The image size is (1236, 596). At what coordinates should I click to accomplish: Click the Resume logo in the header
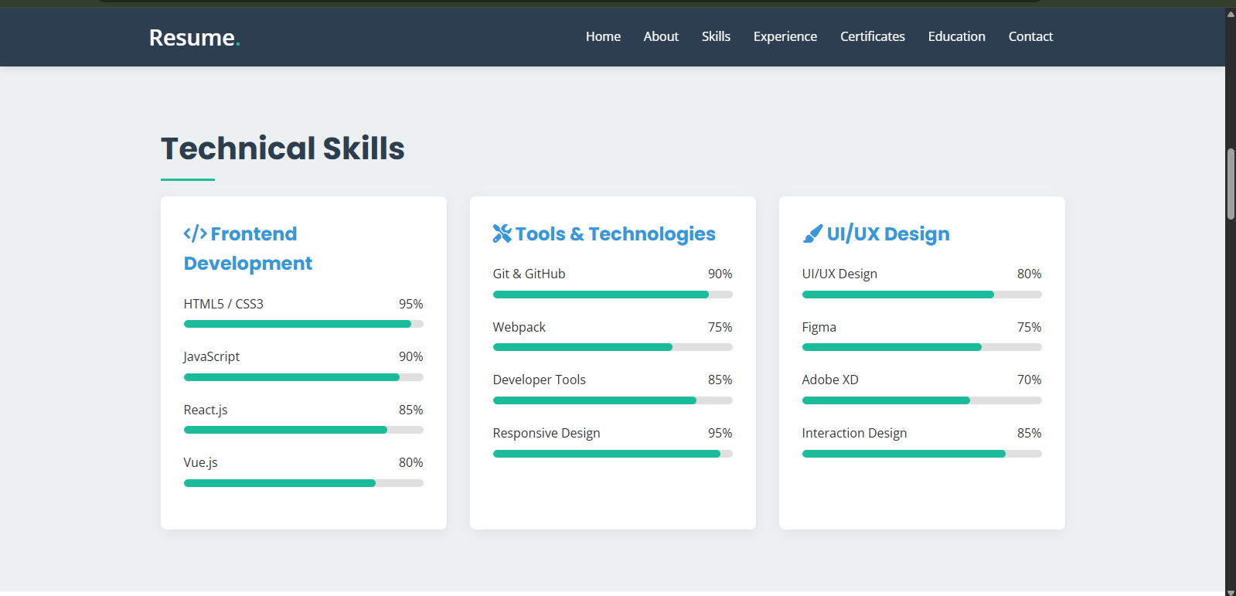pyautogui.click(x=194, y=37)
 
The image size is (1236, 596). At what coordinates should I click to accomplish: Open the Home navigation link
pyautogui.click(x=603, y=36)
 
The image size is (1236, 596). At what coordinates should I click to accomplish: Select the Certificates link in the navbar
pyautogui.click(x=872, y=36)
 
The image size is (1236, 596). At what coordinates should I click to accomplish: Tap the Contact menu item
pyautogui.click(x=1030, y=36)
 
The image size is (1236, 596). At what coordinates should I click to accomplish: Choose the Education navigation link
pyautogui.click(x=956, y=36)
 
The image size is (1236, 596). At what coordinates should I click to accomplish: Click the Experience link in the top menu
pyautogui.click(x=785, y=36)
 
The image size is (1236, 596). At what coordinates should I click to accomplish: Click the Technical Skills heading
pyautogui.click(x=282, y=148)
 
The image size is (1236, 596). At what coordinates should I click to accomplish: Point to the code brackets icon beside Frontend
pyautogui.click(x=195, y=233)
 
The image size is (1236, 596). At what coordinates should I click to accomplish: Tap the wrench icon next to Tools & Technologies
pyautogui.click(x=502, y=233)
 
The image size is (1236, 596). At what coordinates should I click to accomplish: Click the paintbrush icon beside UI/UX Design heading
pyautogui.click(x=812, y=233)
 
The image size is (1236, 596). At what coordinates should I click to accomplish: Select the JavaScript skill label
pyautogui.click(x=211, y=356)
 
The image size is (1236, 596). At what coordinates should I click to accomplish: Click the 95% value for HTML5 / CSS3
pyautogui.click(x=410, y=304)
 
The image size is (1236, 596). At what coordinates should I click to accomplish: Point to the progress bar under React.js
pyautogui.click(x=303, y=430)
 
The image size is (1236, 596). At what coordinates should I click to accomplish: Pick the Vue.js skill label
pyautogui.click(x=200, y=462)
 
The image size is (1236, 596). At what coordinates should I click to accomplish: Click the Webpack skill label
pyautogui.click(x=519, y=327)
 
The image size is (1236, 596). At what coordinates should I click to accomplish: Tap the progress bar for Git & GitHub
pyautogui.click(x=612, y=295)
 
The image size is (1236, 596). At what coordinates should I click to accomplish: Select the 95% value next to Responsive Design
pyautogui.click(x=720, y=433)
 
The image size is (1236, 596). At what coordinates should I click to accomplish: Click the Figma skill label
pyautogui.click(x=819, y=327)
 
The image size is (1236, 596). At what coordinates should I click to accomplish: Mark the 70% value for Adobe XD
pyautogui.click(x=1029, y=380)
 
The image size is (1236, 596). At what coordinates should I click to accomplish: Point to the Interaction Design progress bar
pyautogui.click(x=921, y=454)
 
